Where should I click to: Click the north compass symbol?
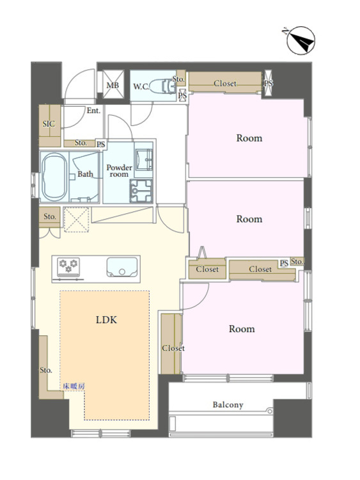[301, 40]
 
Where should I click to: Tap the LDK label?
[106, 320]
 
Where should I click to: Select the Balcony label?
[228, 405]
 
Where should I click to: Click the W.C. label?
[141, 86]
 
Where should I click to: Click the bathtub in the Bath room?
[54, 177]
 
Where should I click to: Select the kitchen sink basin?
[122, 268]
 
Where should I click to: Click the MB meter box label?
[113, 85]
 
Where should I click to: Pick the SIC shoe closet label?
[49, 124]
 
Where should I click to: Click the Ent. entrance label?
[93, 111]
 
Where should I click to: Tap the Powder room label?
[120, 171]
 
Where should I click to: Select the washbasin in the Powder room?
[143, 159]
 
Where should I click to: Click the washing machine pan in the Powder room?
[141, 191]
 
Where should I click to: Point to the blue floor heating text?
[74, 386]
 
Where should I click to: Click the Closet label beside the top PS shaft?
[225, 83]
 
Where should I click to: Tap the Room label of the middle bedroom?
[249, 219]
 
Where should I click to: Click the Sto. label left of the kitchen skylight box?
[49, 217]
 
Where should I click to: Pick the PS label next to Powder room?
[101, 144]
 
